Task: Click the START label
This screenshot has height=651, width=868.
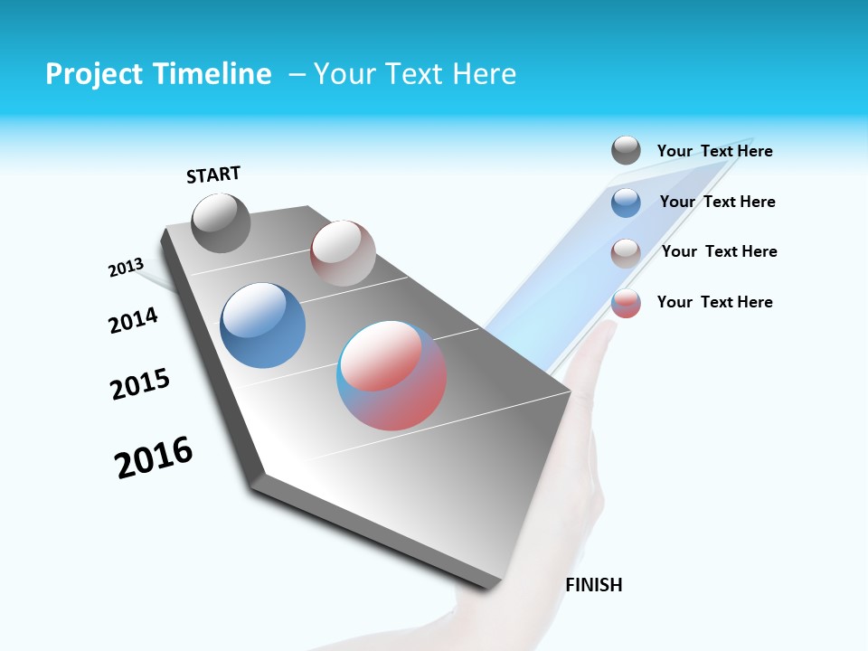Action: (213, 175)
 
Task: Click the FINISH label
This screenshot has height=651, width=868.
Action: (593, 585)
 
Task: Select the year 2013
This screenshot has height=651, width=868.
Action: (126, 268)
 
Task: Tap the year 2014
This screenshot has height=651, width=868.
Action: (133, 320)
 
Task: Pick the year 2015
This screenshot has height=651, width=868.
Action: (140, 383)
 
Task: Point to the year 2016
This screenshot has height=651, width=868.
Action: (154, 458)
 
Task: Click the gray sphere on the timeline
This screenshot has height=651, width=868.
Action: (221, 222)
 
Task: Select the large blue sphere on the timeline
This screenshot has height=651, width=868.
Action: (263, 325)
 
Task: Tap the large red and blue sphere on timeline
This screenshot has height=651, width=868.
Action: (392, 374)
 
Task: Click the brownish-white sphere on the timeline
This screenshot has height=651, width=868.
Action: (343, 253)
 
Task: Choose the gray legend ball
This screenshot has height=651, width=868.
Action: (626, 151)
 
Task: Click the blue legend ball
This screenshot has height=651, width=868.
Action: (626, 203)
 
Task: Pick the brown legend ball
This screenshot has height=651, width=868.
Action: (626, 253)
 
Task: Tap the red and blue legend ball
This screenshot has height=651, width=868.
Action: (626, 304)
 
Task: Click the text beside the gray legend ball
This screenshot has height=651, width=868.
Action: (714, 151)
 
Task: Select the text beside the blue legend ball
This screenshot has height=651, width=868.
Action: (717, 202)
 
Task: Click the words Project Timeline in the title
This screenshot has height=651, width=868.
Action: (158, 74)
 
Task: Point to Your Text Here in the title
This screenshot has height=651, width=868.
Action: (415, 74)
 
